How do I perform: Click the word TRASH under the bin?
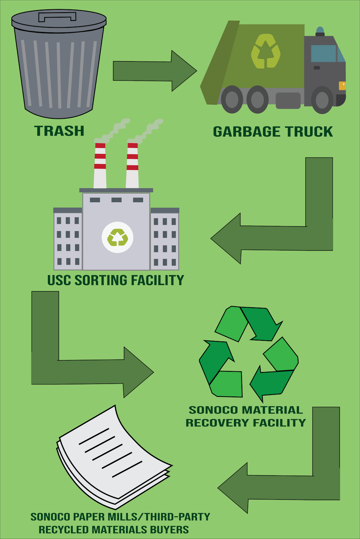tap(59, 131)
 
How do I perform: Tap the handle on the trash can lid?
tap(58, 16)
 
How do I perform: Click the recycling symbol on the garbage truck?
tap(266, 51)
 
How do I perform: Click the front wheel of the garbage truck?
tap(321, 100)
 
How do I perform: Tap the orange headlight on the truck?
tap(342, 86)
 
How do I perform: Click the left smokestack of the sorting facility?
tap(100, 166)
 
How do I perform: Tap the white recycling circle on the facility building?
tap(117, 237)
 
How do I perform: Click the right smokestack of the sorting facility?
tap(132, 166)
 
